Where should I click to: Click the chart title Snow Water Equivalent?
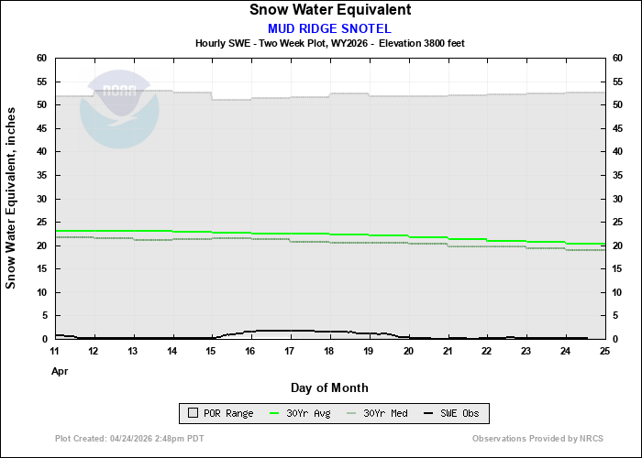(x=330, y=10)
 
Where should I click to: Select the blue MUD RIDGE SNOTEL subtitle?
(x=330, y=27)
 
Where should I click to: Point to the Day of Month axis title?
(x=330, y=387)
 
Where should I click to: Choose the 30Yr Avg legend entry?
(x=297, y=413)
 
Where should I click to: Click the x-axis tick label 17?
(x=291, y=351)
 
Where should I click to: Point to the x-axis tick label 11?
(x=55, y=351)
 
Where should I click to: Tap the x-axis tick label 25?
(x=604, y=351)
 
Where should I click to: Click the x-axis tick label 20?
(x=408, y=351)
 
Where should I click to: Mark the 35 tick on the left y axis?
(x=41, y=175)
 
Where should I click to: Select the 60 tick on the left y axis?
(x=41, y=58)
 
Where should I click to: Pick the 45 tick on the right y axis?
(x=618, y=128)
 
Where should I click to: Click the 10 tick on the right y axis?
(x=618, y=292)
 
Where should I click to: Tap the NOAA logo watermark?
(x=119, y=108)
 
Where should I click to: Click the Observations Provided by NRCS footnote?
(x=537, y=439)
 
